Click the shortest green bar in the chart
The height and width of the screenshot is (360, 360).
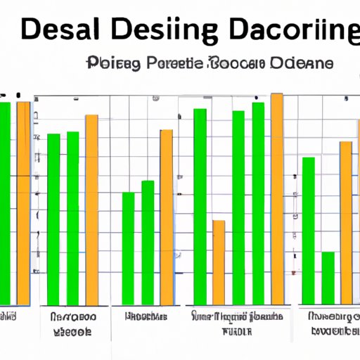[x=328, y=277]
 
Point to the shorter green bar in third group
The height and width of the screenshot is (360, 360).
[x=128, y=247]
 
